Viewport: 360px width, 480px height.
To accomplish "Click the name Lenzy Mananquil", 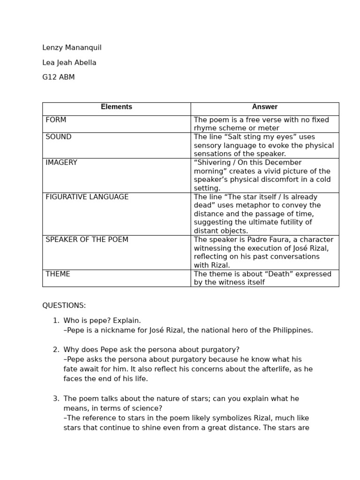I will pos(72,48).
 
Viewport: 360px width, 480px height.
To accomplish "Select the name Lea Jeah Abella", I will pos(69,63).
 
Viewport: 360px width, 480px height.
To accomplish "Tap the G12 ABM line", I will pos(59,77).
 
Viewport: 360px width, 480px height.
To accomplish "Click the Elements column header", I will pos(116,107).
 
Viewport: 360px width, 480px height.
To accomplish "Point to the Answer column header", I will pos(264,107).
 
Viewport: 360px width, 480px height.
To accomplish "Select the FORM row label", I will pos(56,120).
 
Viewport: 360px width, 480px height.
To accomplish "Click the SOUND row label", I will pos(59,137).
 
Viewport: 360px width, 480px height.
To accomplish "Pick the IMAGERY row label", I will pos(61,163).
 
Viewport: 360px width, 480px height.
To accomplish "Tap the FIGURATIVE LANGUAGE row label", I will pos(87,197).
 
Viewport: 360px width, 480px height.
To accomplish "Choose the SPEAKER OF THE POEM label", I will pos(87,240).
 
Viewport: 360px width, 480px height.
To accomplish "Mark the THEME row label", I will pos(58,274).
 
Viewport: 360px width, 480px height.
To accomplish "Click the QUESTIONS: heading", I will pos(64,306).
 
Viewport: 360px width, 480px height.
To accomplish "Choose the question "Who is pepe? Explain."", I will pos(102,321).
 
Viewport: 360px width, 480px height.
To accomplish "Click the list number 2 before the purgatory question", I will pos(55,350).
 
